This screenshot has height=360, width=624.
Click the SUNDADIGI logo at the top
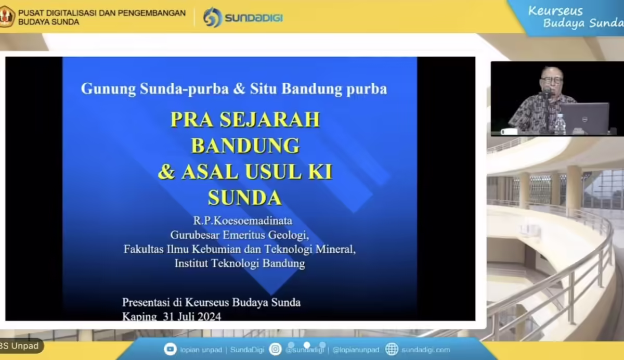[x=243, y=18]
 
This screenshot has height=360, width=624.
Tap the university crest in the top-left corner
[x=6, y=17]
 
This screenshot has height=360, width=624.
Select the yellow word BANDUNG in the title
[x=245, y=145]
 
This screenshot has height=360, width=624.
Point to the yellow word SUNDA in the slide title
[x=245, y=197]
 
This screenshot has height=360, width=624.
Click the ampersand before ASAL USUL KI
[x=166, y=172]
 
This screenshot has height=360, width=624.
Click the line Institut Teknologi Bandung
[x=240, y=263]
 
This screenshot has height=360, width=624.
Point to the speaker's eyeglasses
[x=551, y=80]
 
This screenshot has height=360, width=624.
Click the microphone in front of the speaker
[x=547, y=94]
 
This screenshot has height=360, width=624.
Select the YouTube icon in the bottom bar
[x=170, y=349]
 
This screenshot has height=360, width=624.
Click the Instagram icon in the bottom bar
[x=276, y=349]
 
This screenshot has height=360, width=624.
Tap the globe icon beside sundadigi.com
[x=392, y=349]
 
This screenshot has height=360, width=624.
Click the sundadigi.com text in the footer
[x=426, y=350]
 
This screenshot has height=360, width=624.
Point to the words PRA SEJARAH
[x=245, y=119]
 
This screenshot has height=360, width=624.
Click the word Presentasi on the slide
[x=147, y=302]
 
